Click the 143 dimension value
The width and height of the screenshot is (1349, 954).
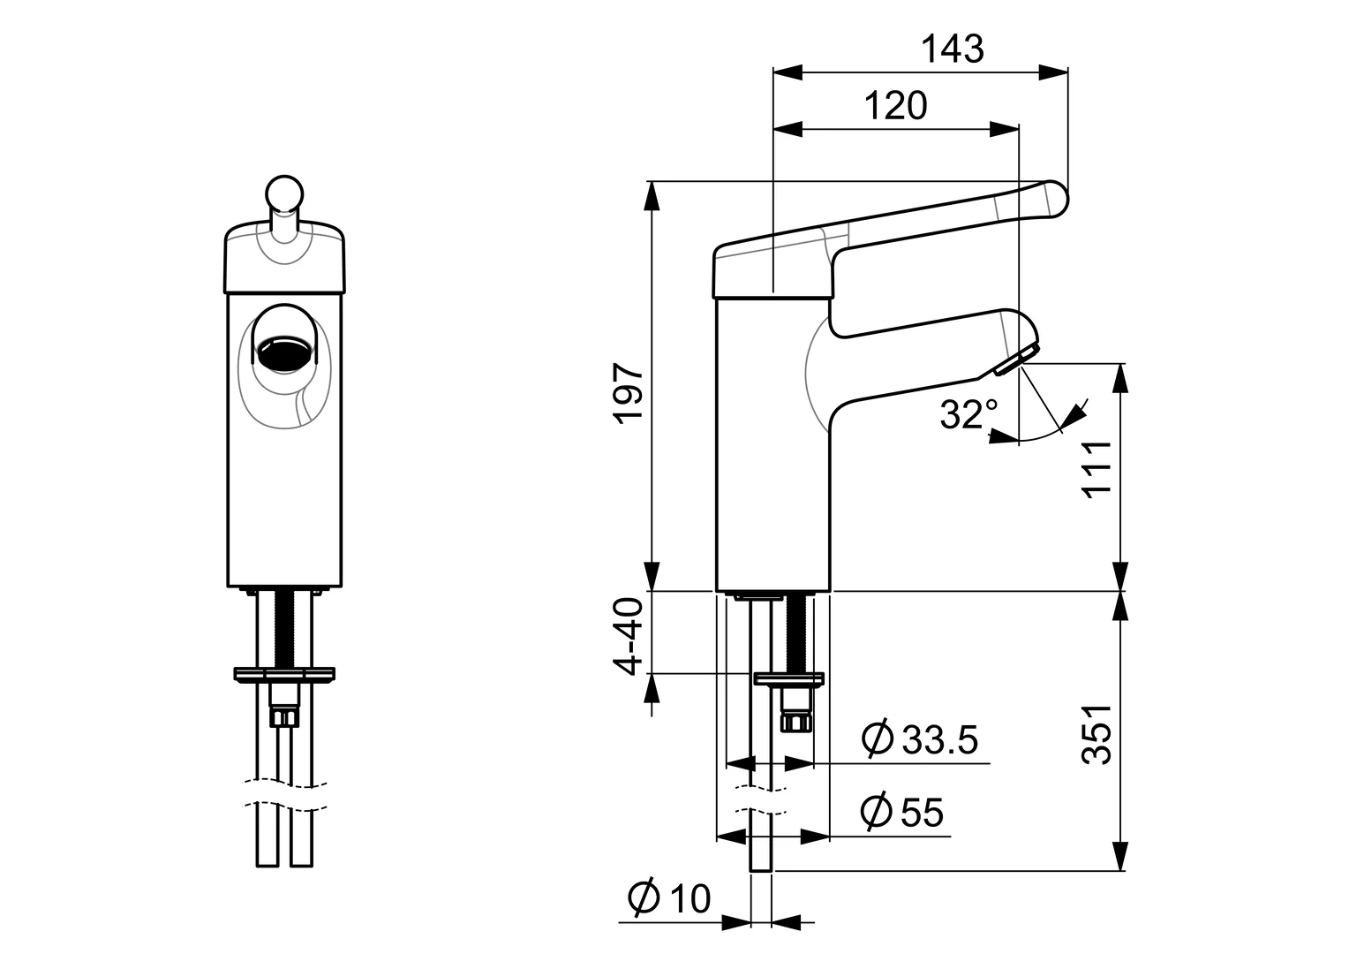[952, 49]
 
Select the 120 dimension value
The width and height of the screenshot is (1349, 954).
[895, 106]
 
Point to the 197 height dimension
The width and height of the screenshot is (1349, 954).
[629, 393]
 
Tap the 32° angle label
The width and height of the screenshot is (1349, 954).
[968, 413]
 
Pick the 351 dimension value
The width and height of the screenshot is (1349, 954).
[1097, 735]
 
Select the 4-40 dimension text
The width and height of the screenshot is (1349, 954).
[629, 637]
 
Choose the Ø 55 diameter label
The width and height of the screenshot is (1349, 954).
[902, 812]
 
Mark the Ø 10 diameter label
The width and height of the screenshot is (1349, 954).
[669, 898]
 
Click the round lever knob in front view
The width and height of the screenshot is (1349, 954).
[284, 193]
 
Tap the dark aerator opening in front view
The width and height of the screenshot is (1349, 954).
[284, 351]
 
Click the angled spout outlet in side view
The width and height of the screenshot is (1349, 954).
[1012, 361]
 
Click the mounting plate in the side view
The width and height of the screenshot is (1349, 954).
[788, 678]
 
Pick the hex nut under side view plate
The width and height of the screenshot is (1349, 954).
[796, 723]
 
